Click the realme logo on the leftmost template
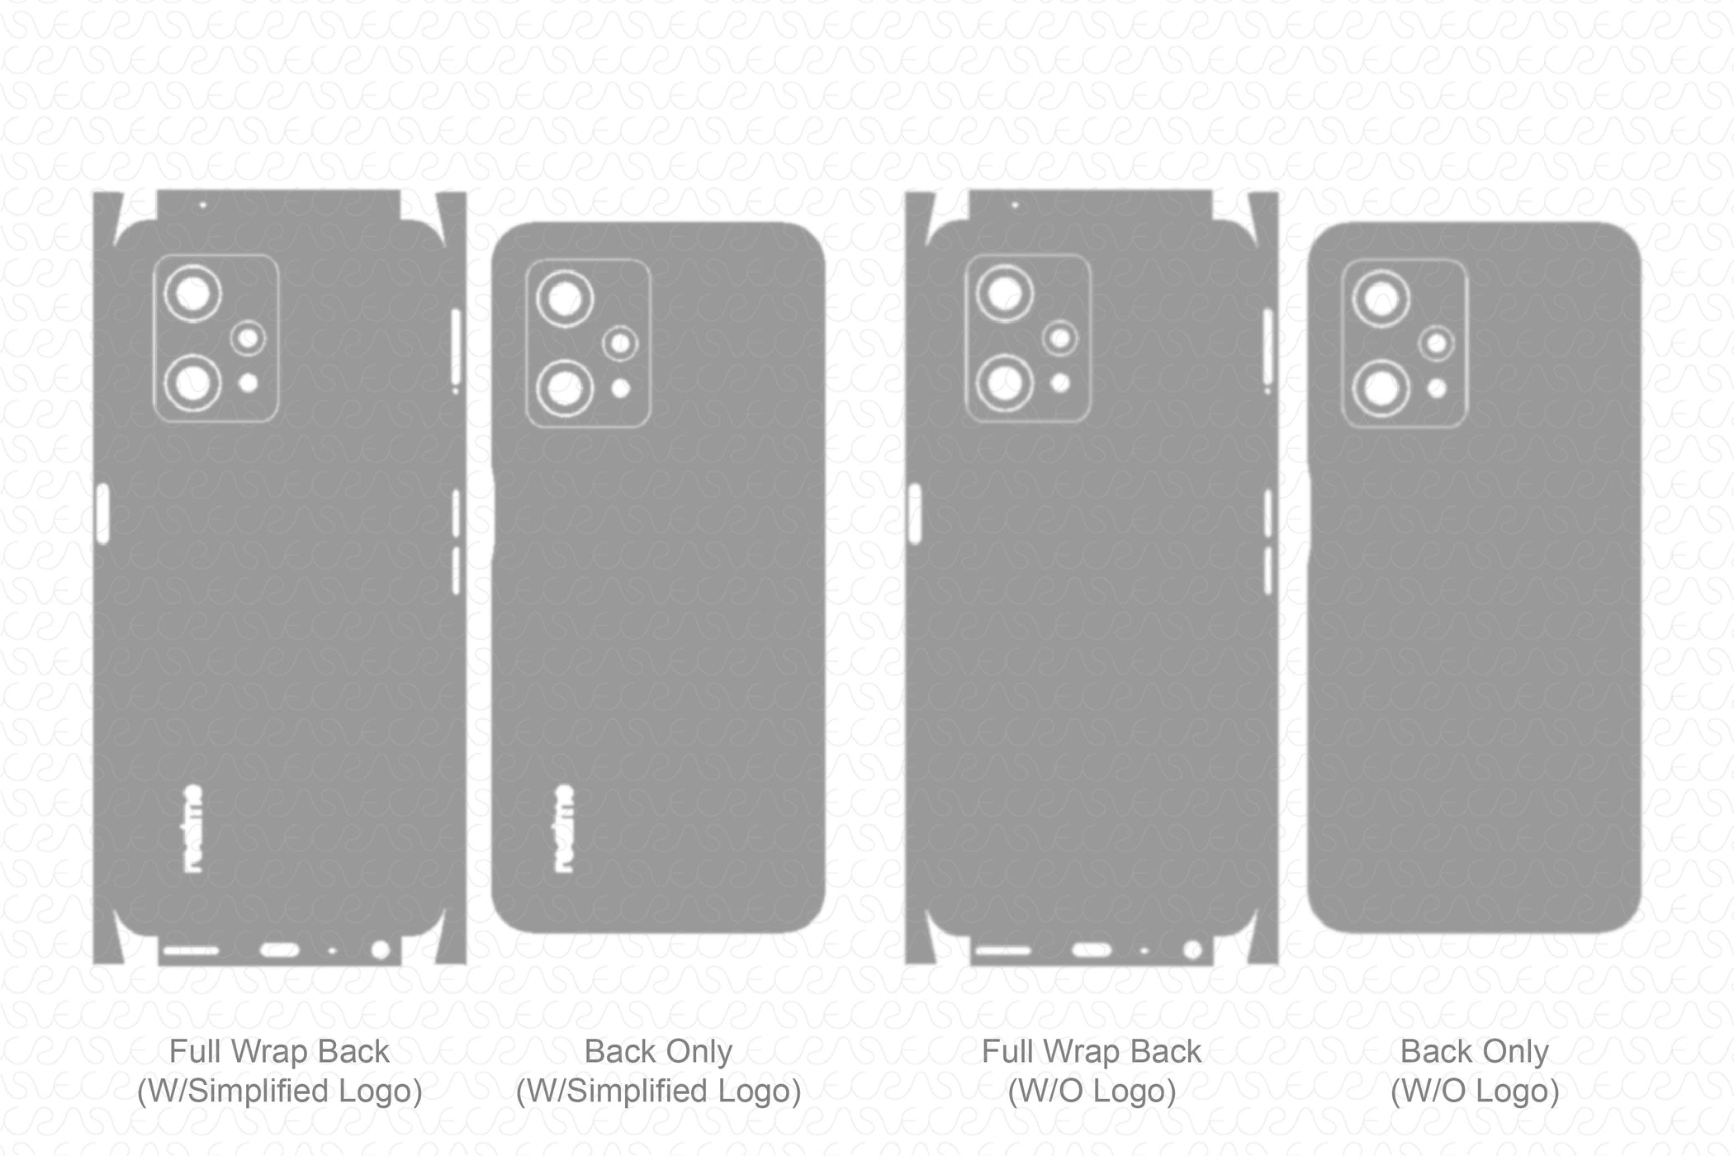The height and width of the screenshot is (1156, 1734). pos(192,828)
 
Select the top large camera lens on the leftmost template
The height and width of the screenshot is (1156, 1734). pos(192,294)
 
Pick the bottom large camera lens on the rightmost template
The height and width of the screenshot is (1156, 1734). pos(1381,388)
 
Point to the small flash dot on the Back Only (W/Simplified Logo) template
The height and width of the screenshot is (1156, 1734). pos(621,387)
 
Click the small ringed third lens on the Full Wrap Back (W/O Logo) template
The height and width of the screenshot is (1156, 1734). pos(1061,339)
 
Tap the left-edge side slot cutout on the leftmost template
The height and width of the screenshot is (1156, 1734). pos(102,514)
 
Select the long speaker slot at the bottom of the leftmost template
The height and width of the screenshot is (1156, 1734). pos(191,950)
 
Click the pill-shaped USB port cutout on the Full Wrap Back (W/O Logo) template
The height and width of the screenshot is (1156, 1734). pos(1092,950)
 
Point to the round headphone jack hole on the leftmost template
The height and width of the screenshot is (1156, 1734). pos(381,950)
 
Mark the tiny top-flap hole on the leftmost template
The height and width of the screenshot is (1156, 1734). pos(202,205)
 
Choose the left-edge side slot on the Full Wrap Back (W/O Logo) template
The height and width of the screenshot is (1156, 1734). pos(915,514)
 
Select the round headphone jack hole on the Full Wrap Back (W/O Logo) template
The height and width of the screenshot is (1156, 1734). pos(1192,950)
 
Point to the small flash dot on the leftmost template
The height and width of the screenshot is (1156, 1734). pos(248,382)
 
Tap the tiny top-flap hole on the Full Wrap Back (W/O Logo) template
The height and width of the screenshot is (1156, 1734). pos(1014,205)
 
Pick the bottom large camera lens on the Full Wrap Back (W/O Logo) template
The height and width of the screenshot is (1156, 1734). pos(1005,383)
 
